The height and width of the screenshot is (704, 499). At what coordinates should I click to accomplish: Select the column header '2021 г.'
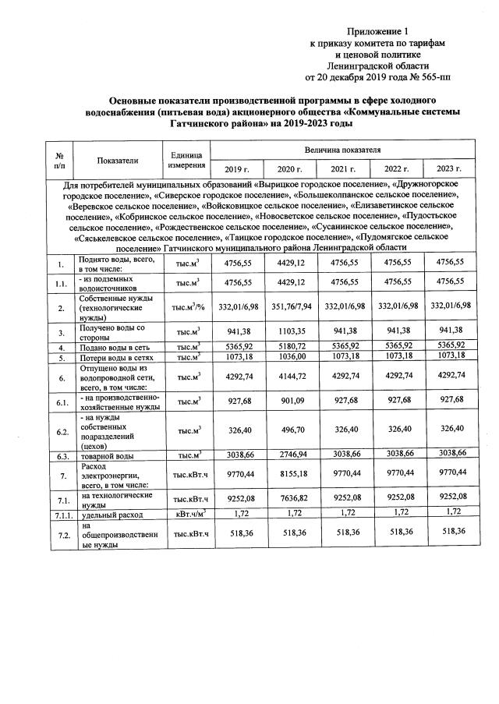click(x=343, y=169)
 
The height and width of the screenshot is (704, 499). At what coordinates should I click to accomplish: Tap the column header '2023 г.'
click(x=449, y=169)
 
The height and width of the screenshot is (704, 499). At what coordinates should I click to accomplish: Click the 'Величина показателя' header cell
click(x=342, y=148)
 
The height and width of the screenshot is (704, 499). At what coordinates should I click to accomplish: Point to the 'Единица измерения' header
click(x=186, y=160)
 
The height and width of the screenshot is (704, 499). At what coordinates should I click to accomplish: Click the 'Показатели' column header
click(x=118, y=160)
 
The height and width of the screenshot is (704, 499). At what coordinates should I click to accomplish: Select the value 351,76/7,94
click(x=289, y=307)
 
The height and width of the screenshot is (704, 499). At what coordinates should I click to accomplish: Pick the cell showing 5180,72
click(x=289, y=345)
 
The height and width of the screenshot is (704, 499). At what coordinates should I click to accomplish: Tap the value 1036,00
click(x=289, y=356)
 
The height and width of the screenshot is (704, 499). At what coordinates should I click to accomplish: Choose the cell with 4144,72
click(x=289, y=375)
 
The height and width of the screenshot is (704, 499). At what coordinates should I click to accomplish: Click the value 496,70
click(x=289, y=428)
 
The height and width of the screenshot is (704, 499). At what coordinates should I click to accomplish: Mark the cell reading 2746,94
click(x=289, y=453)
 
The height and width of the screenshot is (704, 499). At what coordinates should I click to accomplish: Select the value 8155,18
click(x=289, y=472)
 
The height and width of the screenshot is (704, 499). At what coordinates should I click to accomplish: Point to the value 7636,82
click(x=289, y=498)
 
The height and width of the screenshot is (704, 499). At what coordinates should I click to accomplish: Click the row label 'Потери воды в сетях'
click(x=114, y=357)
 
